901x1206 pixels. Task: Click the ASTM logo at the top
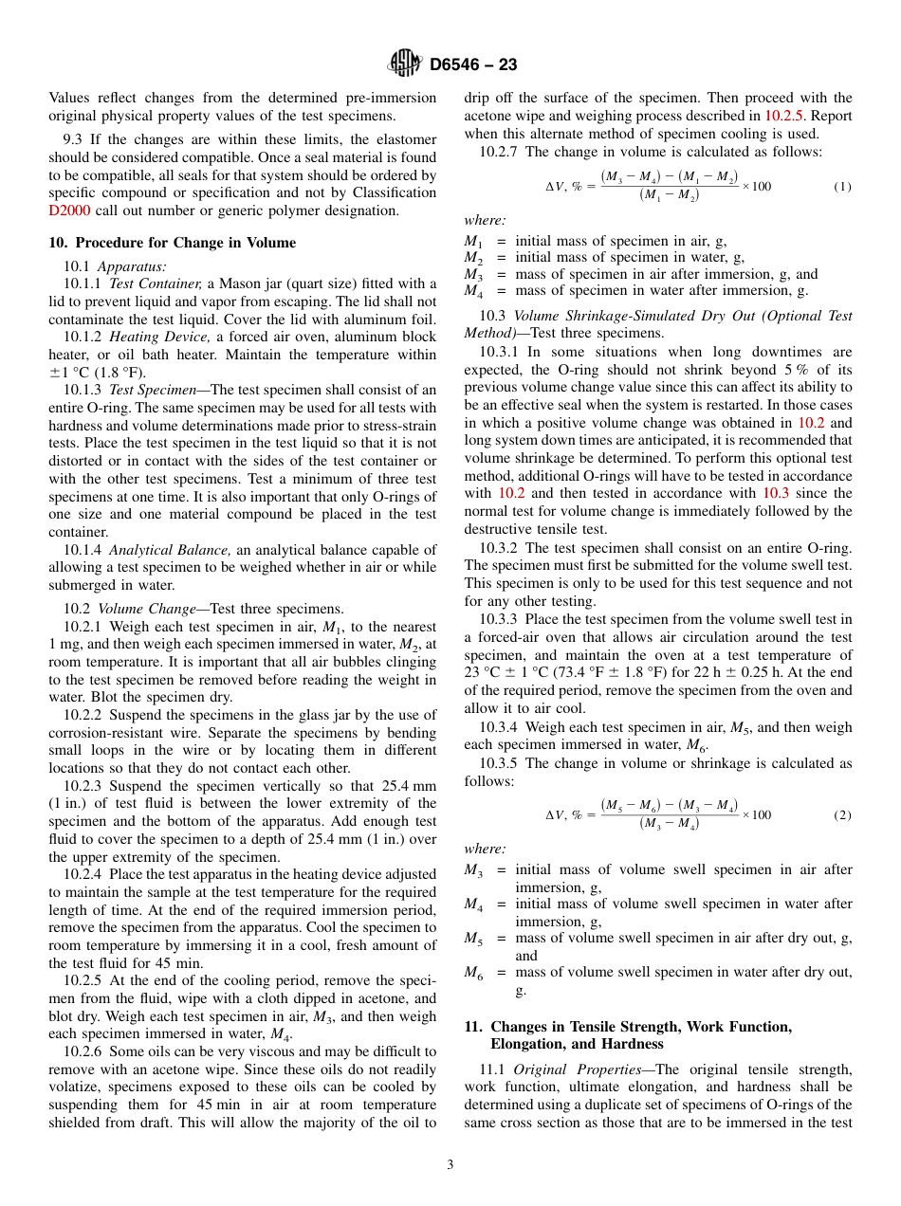point(405,64)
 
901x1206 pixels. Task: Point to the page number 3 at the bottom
point(450,1164)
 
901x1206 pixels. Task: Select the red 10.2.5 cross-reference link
point(783,116)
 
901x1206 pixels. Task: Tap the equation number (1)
point(842,186)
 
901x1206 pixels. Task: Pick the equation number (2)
point(842,814)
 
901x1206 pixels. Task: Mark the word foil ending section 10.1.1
point(424,319)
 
